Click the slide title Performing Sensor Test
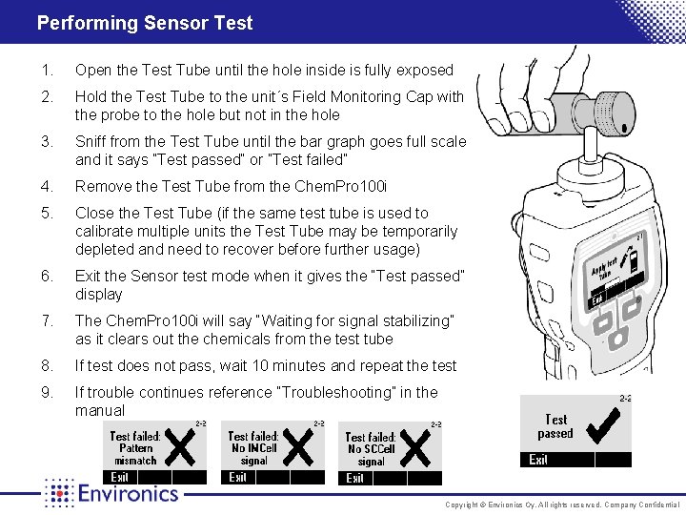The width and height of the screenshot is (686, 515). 145,22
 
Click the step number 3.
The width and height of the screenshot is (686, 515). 47,141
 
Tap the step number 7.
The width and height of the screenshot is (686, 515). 47,320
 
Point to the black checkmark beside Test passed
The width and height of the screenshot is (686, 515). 607,425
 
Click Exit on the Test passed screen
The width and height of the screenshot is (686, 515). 539,460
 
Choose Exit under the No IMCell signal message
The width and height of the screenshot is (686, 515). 238,478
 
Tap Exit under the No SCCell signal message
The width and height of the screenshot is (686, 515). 355,479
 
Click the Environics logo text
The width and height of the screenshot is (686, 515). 128,493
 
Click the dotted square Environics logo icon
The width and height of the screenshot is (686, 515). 59,493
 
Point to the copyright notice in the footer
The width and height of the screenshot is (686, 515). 562,505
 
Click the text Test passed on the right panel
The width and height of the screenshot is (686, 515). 555,426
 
